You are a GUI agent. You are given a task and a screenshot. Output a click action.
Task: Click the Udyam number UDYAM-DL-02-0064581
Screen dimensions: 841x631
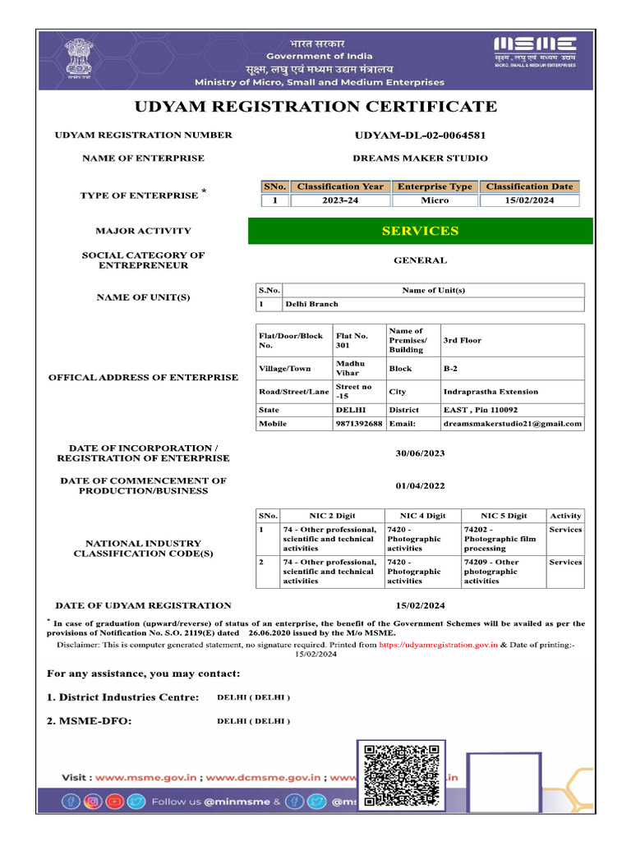420,135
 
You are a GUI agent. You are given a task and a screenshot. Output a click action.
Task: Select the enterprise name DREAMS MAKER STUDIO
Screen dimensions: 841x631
420,158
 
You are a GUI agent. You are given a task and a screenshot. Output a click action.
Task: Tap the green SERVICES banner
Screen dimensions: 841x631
420,231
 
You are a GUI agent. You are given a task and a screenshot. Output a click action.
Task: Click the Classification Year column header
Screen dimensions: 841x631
340,186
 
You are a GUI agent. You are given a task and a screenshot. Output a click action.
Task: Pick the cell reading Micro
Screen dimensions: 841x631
435,200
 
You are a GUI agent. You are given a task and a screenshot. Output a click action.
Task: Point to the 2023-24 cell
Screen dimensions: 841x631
340,200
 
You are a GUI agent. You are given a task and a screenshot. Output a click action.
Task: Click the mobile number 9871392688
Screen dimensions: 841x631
358,424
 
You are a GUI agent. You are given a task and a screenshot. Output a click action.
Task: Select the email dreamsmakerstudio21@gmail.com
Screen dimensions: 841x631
512,424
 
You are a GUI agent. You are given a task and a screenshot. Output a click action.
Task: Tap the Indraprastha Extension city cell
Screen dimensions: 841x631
491,392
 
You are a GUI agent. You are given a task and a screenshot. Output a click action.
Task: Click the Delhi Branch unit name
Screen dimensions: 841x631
311,304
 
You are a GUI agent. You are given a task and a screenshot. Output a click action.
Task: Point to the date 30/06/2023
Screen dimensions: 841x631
420,453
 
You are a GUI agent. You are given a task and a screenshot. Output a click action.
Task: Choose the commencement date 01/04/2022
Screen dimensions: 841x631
420,485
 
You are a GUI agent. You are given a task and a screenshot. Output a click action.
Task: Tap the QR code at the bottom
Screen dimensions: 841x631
401,774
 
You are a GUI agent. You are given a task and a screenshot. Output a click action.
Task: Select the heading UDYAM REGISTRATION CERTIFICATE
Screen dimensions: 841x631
315,107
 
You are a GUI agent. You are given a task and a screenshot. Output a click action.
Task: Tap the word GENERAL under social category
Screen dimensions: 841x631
420,260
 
